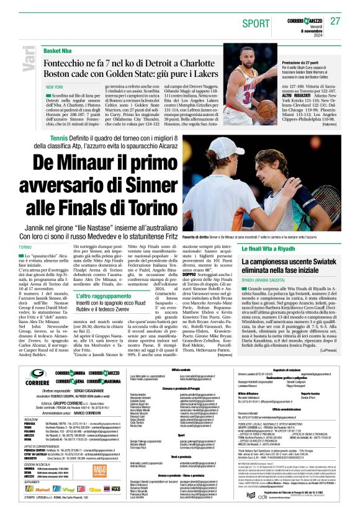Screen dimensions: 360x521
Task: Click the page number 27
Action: tap(335, 20)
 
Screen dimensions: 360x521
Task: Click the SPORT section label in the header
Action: tap(254, 23)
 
